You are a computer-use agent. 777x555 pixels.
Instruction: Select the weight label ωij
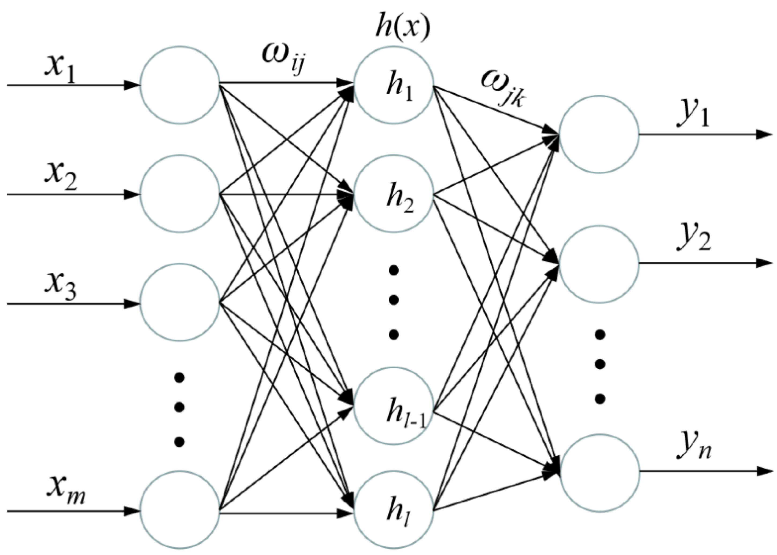(x=282, y=58)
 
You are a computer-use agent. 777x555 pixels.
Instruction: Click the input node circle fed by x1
(x=180, y=84)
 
